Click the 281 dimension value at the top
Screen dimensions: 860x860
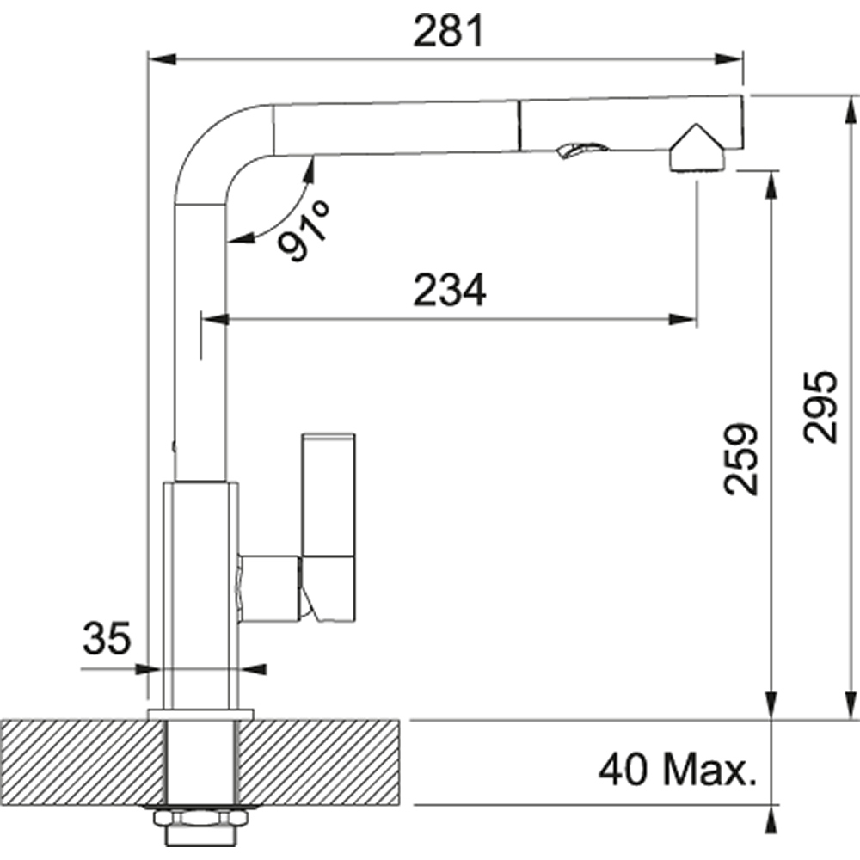(x=449, y=32)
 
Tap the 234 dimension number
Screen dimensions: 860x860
(x=450, y=291)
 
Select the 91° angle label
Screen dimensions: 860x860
(x=302, y=233)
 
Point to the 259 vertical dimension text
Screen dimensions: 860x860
(x=741, y=458)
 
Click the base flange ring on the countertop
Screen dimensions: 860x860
(x=200, y=714)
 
